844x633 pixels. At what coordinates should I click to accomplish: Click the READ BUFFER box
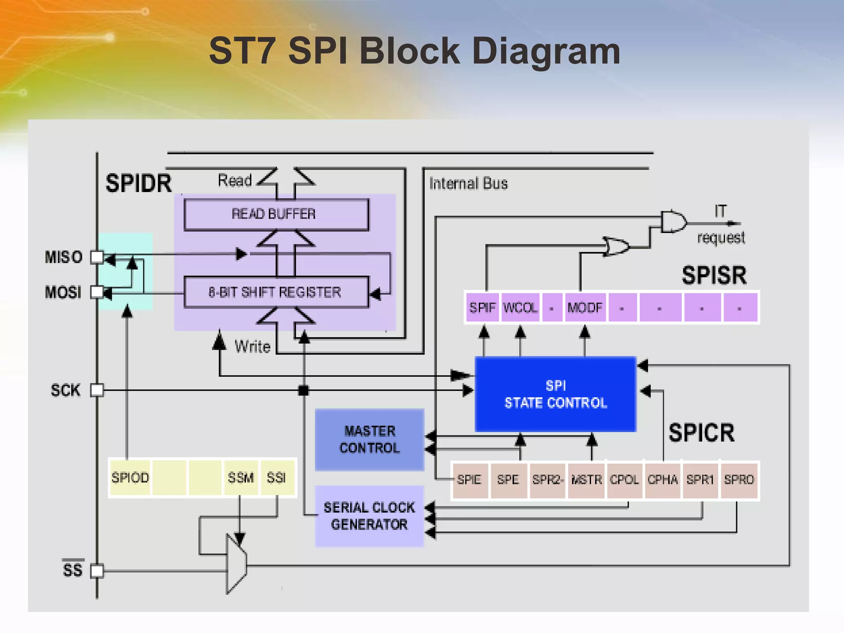pyautogui.click(x=276, y=214)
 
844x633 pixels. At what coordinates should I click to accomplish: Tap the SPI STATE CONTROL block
pyautogui.click(x=556, y=394)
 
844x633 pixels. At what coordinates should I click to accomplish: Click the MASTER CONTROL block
pyautogui.click(x=369, y=440)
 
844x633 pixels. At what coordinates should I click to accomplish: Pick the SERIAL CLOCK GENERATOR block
pyautogui.click(x=369, y=516)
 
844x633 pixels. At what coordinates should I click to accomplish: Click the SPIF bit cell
pyautogui.click(x=482, y=307)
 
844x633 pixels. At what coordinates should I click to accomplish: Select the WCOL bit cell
pyautogui.click(x=520, y=307)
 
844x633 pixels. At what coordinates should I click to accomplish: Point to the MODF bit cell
pyautogui.click(x=585, y=307)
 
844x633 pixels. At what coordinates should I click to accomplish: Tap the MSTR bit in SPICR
pyautogui.click(x=586, y=480)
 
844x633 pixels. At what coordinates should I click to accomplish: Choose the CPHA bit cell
pyautogui.click(x=662, y=480)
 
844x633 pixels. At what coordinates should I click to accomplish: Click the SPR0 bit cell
pyautogui.click(x=739, y=480)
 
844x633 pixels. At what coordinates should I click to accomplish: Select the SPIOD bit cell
pyautogui.click(x=130, y=478)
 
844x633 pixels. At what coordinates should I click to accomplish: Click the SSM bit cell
pyautogui.click(x=241, y=478)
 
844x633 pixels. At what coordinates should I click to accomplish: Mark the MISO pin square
pyautogui.click(x=97, y=257)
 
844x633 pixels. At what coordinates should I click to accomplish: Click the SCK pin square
pyautogui.click(x=97, y=390)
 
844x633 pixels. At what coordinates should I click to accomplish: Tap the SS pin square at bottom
pyautogui.click(x=97, y=571)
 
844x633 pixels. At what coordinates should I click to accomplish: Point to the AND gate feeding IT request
pyautogui.click(x=673, y=222)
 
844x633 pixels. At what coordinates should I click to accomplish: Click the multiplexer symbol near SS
pyautogui.click(x=236, y=564)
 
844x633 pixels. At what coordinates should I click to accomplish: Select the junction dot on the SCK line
pyautogui.click(x=304, y=390)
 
